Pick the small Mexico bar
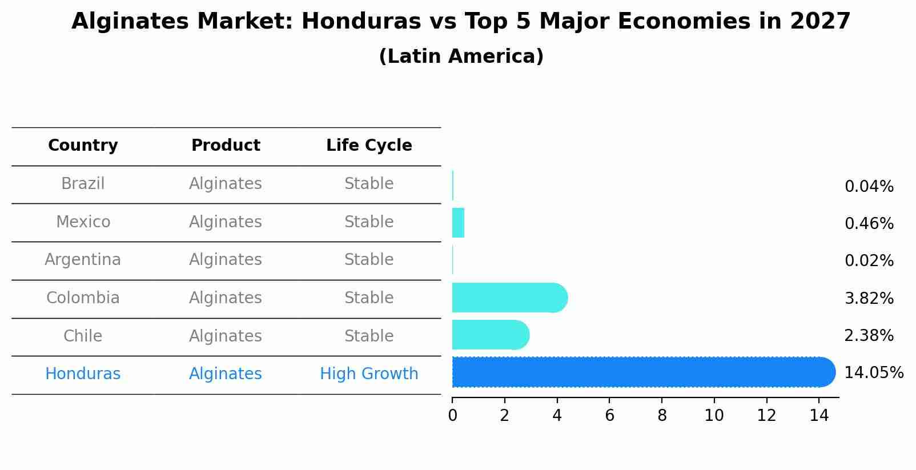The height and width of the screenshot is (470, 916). coord(458,223)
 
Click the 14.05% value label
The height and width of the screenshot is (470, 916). coord(873,373)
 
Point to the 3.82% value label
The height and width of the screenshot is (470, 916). coord(869,298)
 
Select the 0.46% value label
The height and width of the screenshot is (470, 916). coord(869,223)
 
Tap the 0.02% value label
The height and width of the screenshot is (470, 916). coord(869,261)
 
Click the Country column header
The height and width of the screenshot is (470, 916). coord(83,146)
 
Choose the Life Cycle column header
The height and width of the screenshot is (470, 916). coord(369,146)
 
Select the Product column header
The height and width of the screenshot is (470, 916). coord(226,146)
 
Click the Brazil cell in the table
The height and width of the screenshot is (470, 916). coord(83,184)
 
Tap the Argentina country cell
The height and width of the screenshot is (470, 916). coord(83,260)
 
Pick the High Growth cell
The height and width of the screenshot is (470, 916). coord(369,374)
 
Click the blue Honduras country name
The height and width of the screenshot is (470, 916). coord(83,374)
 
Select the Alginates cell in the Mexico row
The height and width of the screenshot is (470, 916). coord(226,222)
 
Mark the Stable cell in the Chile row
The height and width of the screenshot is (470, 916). coord(369,336)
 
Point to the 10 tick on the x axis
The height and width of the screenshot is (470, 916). coord(714,416)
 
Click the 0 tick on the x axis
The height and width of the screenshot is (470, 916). coord(452,416)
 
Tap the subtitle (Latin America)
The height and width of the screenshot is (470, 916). coord(461,57)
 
